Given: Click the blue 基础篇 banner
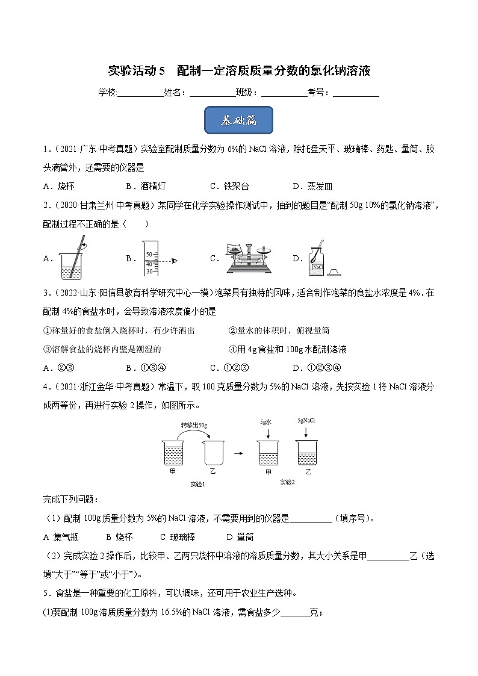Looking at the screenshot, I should click(x=239, y=120).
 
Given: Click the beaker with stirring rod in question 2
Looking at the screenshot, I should click(x=74, y=258).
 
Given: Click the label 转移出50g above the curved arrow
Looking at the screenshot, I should click(x=193, y=425).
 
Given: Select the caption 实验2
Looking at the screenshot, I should click(x=287, y=482).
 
